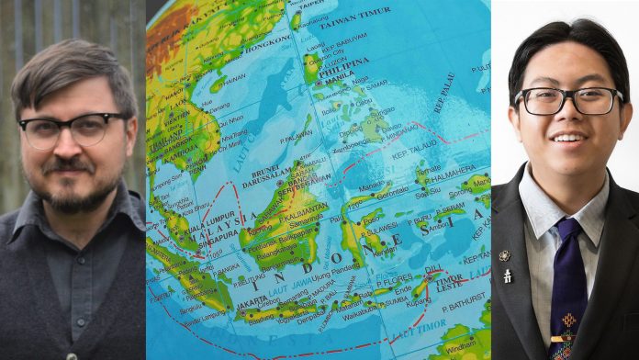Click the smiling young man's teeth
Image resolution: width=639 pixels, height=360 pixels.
(567, 139)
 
